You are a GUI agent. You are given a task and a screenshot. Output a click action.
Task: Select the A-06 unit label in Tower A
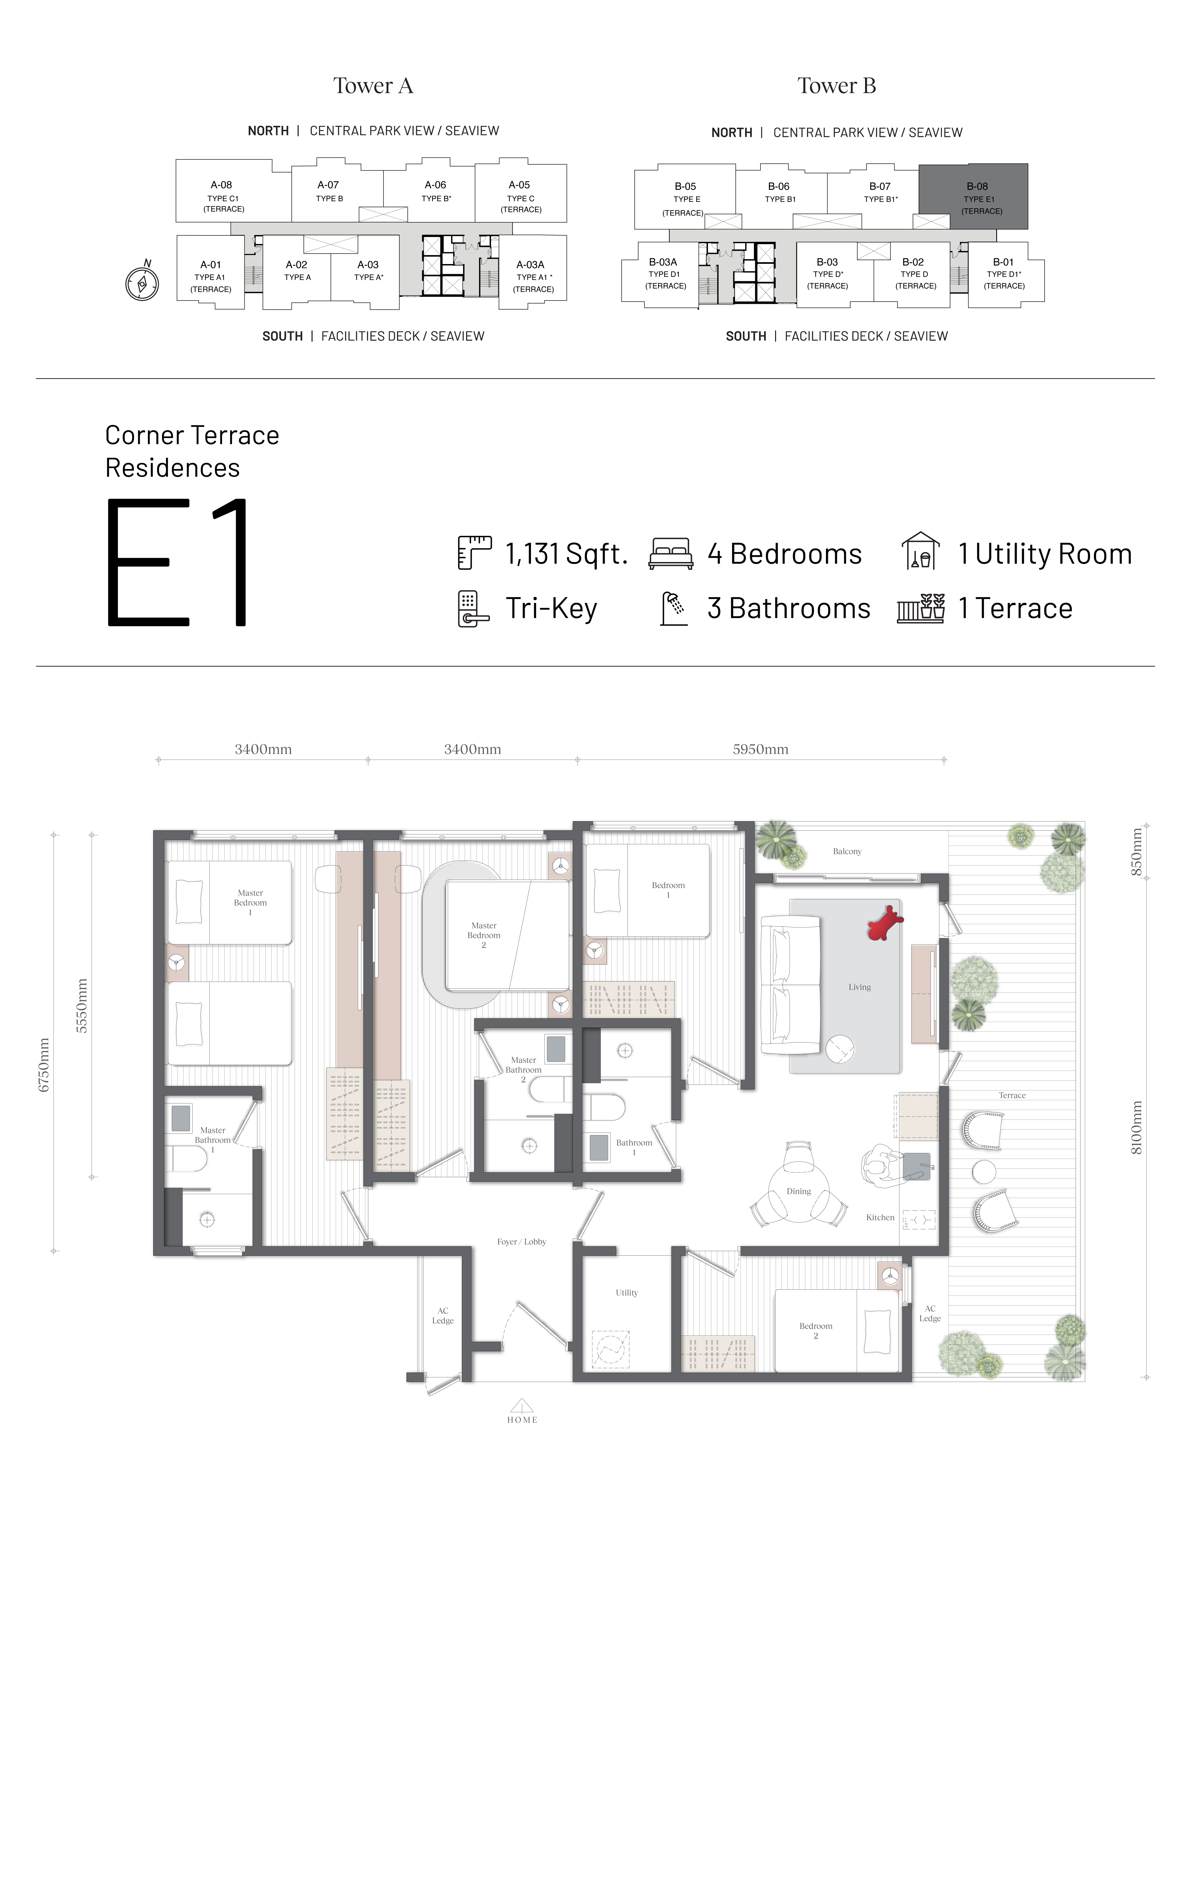(x=435, y=185)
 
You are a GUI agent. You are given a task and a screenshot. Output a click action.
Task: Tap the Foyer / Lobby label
(x=522, y=1241)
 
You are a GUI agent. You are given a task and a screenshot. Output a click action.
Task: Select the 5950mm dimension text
(x=760, y=749)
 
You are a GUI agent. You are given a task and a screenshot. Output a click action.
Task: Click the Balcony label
(x=847, y=851)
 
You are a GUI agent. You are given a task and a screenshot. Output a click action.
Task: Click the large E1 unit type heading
(x=177, y=562)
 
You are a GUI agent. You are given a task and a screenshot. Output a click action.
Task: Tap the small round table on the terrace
(x=984, y=1171)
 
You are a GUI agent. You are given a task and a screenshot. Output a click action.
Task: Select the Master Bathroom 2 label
(x=523, y=1070)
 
